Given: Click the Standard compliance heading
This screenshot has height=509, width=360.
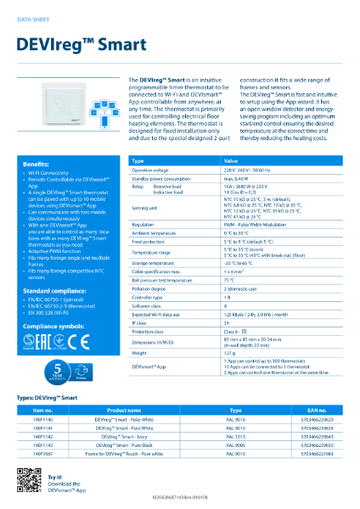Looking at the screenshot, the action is click(x=58, y=289).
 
